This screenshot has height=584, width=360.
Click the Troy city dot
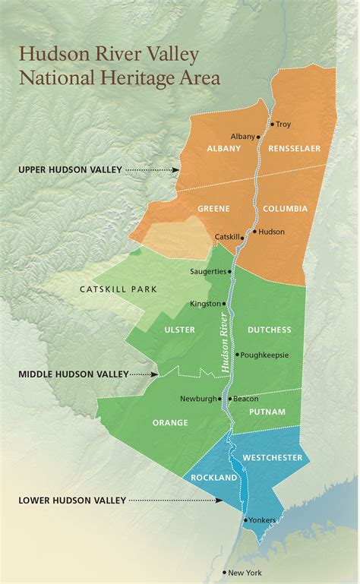[x=272, y=124]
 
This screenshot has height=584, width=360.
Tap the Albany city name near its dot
[x=243, y=137]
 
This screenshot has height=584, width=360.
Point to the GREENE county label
[x=214, y=208]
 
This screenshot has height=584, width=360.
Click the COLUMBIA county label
[x=286, y=208]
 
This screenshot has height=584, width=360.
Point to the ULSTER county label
[x=179, y=330]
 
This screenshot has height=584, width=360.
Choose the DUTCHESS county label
[x=269, y=330]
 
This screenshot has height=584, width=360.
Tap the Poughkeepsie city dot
[x=238, y=354]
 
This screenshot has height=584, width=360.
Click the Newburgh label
[x=198, y=399]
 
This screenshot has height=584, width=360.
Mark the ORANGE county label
[x=170, y=423]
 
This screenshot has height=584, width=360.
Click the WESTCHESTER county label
[x=273, y=457]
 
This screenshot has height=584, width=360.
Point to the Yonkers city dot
[x=245, y=520]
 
